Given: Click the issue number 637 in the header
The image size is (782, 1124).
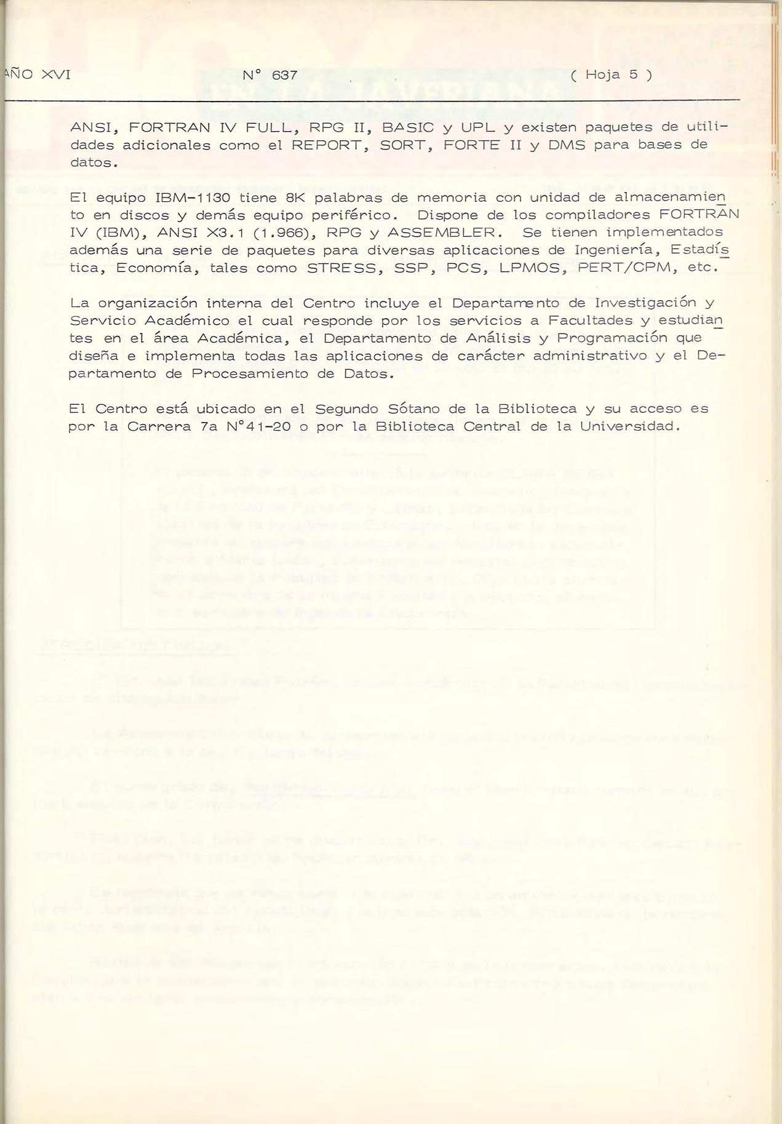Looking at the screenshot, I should pos(284,76).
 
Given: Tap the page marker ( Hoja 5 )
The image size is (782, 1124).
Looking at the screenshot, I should pos(611,76).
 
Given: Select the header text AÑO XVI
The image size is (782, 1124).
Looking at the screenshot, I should pos(37,76).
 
